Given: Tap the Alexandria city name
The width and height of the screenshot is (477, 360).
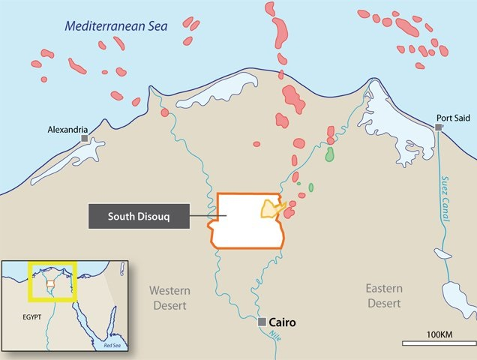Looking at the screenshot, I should point(67,128).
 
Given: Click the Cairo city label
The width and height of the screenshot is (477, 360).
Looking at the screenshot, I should point(283,322).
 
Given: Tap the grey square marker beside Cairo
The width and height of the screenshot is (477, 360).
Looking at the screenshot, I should point(262,322).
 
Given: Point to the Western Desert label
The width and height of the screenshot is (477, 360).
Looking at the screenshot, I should point(169,298).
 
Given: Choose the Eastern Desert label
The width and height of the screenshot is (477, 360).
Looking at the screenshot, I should point(384,295).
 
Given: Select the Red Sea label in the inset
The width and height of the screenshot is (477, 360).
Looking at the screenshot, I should point(112,345).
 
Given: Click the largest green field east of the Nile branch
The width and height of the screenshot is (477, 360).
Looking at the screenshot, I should point(329,154).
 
